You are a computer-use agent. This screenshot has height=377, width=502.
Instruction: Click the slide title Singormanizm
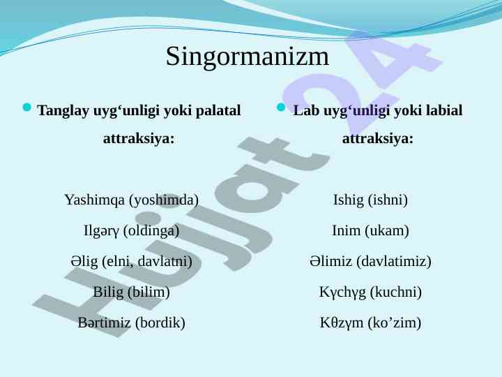click(247, 57)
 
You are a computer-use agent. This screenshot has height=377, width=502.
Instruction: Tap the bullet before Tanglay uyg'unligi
click(27, 107)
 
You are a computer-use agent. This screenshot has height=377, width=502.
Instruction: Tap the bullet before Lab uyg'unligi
click(281, 107)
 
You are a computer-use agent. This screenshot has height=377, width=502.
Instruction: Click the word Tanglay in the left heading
click(63, 111)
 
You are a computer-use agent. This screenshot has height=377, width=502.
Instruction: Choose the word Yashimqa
click(94, 200)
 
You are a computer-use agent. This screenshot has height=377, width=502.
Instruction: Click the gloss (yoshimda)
click(164, 200)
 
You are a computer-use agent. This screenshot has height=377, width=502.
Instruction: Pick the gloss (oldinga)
click(151, 231)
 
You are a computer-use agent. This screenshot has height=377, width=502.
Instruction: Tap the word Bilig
click(108, 293)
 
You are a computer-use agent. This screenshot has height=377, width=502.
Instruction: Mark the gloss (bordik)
click(160, 323)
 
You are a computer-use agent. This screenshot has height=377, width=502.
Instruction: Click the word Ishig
click(349, 200)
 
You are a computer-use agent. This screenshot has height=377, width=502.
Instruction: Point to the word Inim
click(346, 231)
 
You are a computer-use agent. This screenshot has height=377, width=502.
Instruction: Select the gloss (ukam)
click(387, 231)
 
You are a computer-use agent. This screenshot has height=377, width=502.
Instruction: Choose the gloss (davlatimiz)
click(394, 262)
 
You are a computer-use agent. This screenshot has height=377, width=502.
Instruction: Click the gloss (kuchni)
click(396, 293)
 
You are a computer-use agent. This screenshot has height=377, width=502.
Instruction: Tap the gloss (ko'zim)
click(395, 323)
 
